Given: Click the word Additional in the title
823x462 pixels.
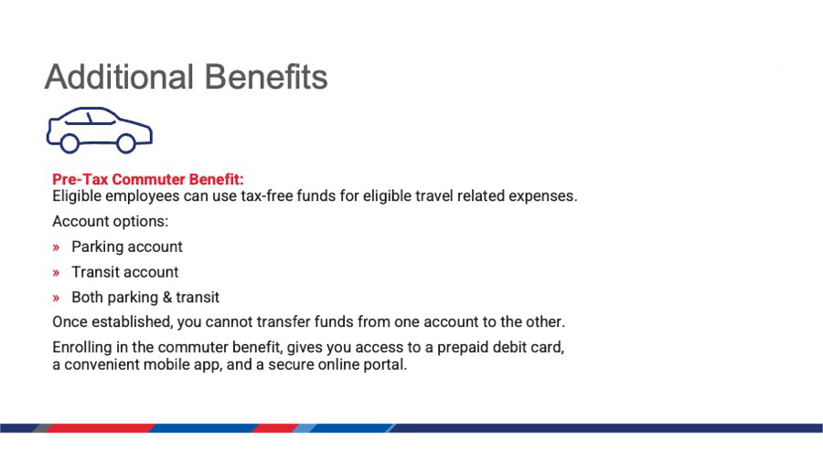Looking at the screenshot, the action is coord(120,77).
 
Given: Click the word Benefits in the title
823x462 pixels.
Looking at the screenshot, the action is coord(266,77).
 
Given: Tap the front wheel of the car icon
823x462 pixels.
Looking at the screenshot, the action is coord(126,143).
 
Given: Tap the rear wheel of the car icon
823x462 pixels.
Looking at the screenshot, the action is coord(69,143).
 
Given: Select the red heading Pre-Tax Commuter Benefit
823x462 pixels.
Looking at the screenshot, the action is coord(148,180).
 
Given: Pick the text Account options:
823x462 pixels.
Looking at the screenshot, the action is coord(111,222).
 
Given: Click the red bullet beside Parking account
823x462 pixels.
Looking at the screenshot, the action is coord(56,247).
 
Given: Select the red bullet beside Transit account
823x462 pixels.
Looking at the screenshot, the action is coord(56,273).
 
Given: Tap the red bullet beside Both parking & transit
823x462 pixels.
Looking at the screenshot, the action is coord(56,298).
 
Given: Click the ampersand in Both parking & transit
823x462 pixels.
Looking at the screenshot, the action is coord(167,298).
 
